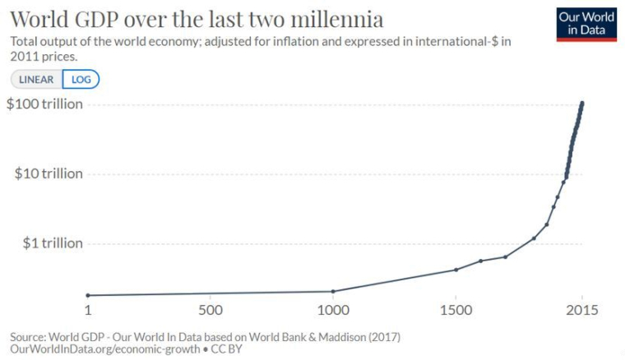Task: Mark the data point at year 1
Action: (88, 295)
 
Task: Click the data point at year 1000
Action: (332, 291)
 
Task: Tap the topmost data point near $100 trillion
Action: (582, 104)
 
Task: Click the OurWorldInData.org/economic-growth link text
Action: (104, 348)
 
